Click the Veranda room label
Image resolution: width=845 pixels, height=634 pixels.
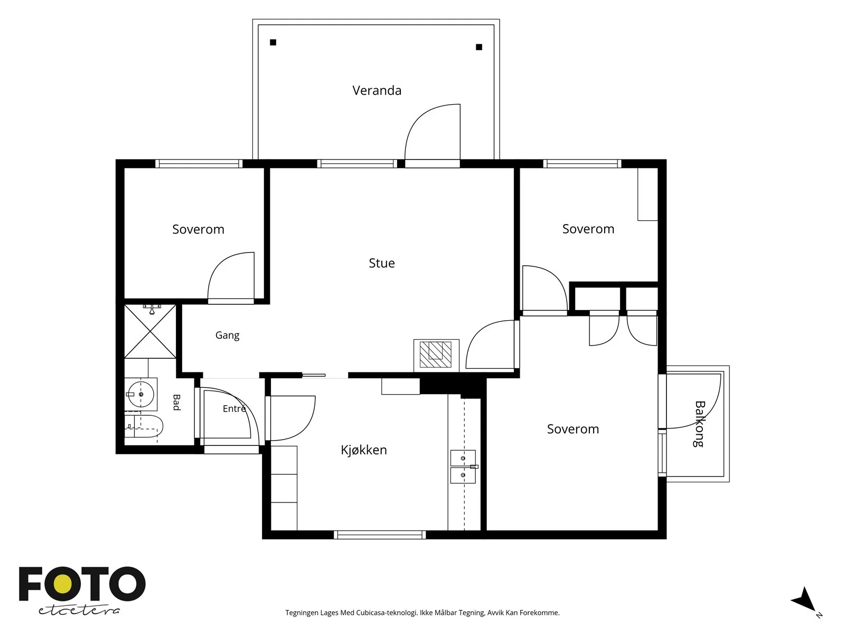click(377, 90)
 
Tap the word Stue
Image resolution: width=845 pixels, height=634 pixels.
click(381, 263)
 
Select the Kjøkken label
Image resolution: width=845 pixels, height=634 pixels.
click(364, 450)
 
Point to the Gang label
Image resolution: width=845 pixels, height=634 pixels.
click(228, 335)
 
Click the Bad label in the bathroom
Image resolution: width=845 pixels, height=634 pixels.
click(176, 402)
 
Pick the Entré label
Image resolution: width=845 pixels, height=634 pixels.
click(234, 408)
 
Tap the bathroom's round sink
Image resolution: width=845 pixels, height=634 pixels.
click(141, 394)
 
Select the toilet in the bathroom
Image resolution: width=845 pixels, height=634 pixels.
click(144, 426)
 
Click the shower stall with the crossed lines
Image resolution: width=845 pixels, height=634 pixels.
click(150, 331)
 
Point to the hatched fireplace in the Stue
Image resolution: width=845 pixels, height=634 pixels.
click(436, 355)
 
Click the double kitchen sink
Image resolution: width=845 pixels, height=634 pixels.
click(463, 467)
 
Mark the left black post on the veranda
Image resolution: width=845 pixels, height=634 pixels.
click(273, 42)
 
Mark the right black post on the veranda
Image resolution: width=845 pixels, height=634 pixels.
click(479, 47)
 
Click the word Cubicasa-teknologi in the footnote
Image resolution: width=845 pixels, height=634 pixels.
click(387, 613)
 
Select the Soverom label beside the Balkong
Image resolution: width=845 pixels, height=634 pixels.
click(573, 429)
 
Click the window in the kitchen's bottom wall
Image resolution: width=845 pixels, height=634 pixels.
click(380, 535)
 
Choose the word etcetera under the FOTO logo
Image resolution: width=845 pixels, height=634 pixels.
click(79, 611)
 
